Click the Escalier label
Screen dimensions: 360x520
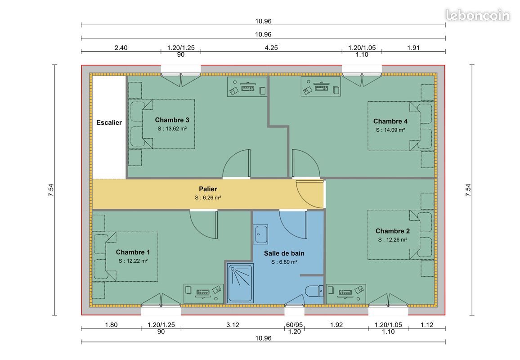109,122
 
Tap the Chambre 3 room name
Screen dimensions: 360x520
172,120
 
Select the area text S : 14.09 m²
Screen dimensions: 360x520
390,130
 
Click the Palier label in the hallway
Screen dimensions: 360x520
208,189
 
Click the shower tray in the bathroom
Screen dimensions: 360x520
241,283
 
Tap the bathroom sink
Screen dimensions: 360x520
261,233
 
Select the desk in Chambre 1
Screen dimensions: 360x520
203,293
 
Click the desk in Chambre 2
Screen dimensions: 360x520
345,293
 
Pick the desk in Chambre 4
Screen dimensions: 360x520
321,86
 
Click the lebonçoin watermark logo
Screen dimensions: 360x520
478,15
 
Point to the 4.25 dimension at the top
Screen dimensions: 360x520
271,47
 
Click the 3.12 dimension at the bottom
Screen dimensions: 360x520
233,325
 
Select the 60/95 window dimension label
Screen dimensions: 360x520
294,325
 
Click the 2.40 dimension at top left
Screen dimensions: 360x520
121,47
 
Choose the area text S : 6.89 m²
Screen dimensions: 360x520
284,261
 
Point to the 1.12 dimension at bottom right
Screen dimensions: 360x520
427,325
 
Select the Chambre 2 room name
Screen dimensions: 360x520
392,231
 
